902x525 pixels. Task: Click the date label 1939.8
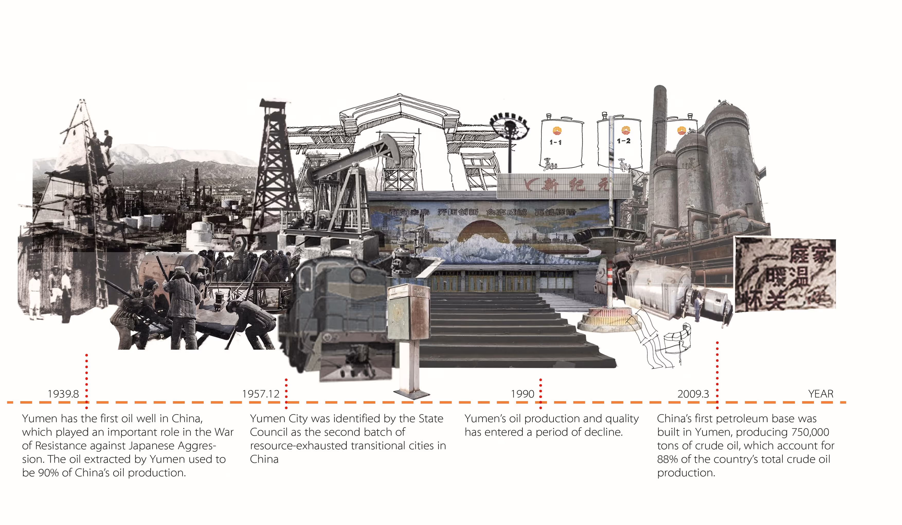pyautogui.click(x=63, y=394)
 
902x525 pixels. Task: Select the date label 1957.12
pyautogui.click(x=260, y=394)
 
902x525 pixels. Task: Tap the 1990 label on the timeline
pyautogui.click(x=522, y=394)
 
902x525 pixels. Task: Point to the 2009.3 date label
pyautogui.click(x=693, y=394)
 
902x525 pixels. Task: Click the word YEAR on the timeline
pyautogui.click(x=820, y=394)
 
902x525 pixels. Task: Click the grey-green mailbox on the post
pyautogui.click(x=408, y=311)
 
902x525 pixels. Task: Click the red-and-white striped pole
pyautogui.click(x=609, y=286)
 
